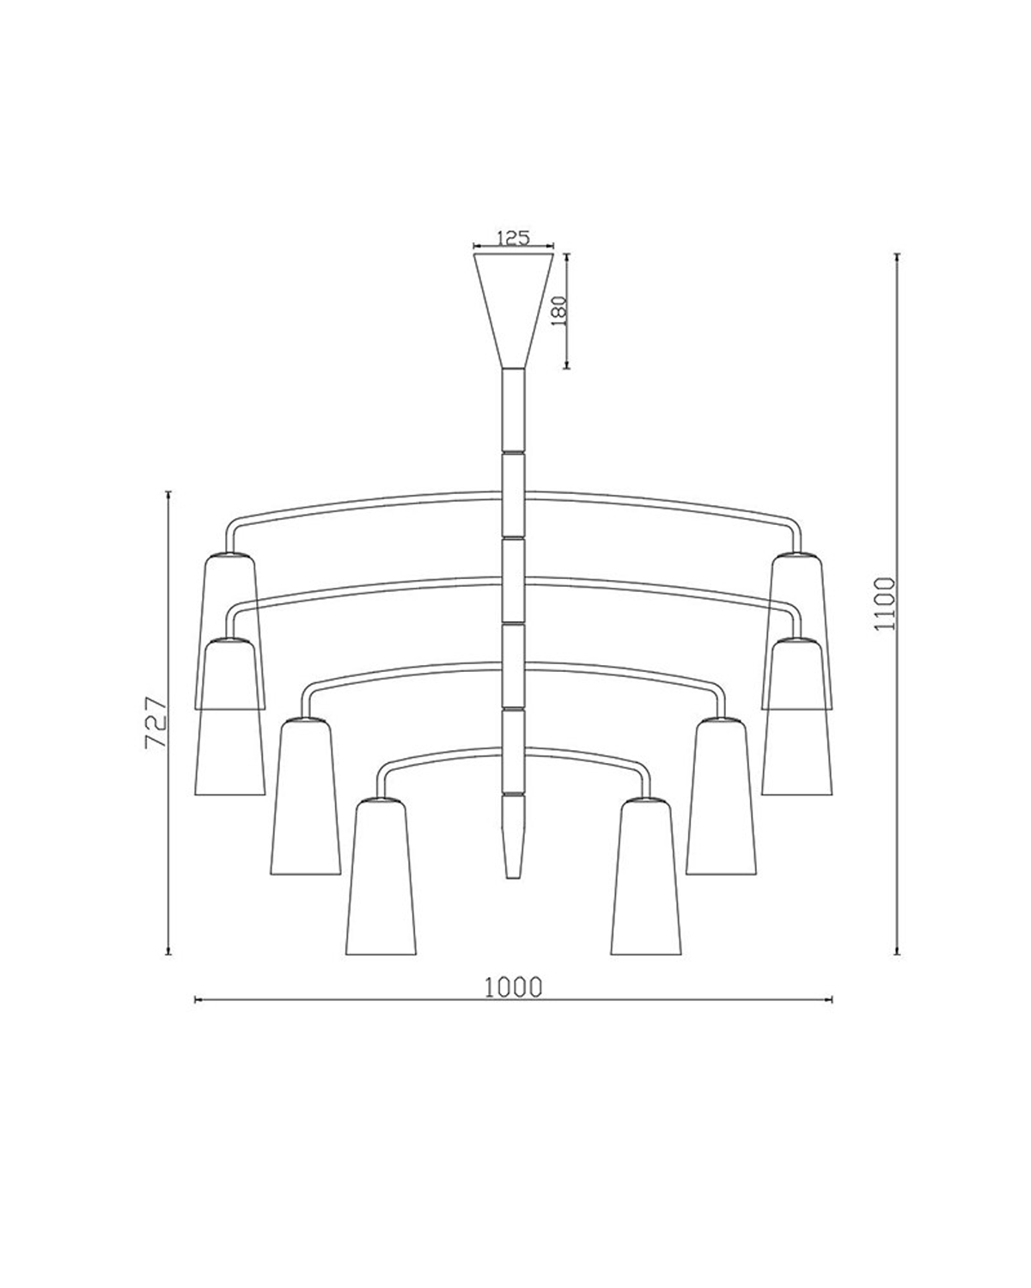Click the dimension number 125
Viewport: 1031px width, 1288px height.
513,238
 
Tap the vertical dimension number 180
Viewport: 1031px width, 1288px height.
556,312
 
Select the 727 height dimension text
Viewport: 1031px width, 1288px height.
156,723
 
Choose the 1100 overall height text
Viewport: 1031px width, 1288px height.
884,604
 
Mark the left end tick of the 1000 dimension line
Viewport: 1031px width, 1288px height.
197,999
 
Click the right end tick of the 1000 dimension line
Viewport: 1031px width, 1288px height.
832,999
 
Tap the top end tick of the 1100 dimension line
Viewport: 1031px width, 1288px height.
897,255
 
